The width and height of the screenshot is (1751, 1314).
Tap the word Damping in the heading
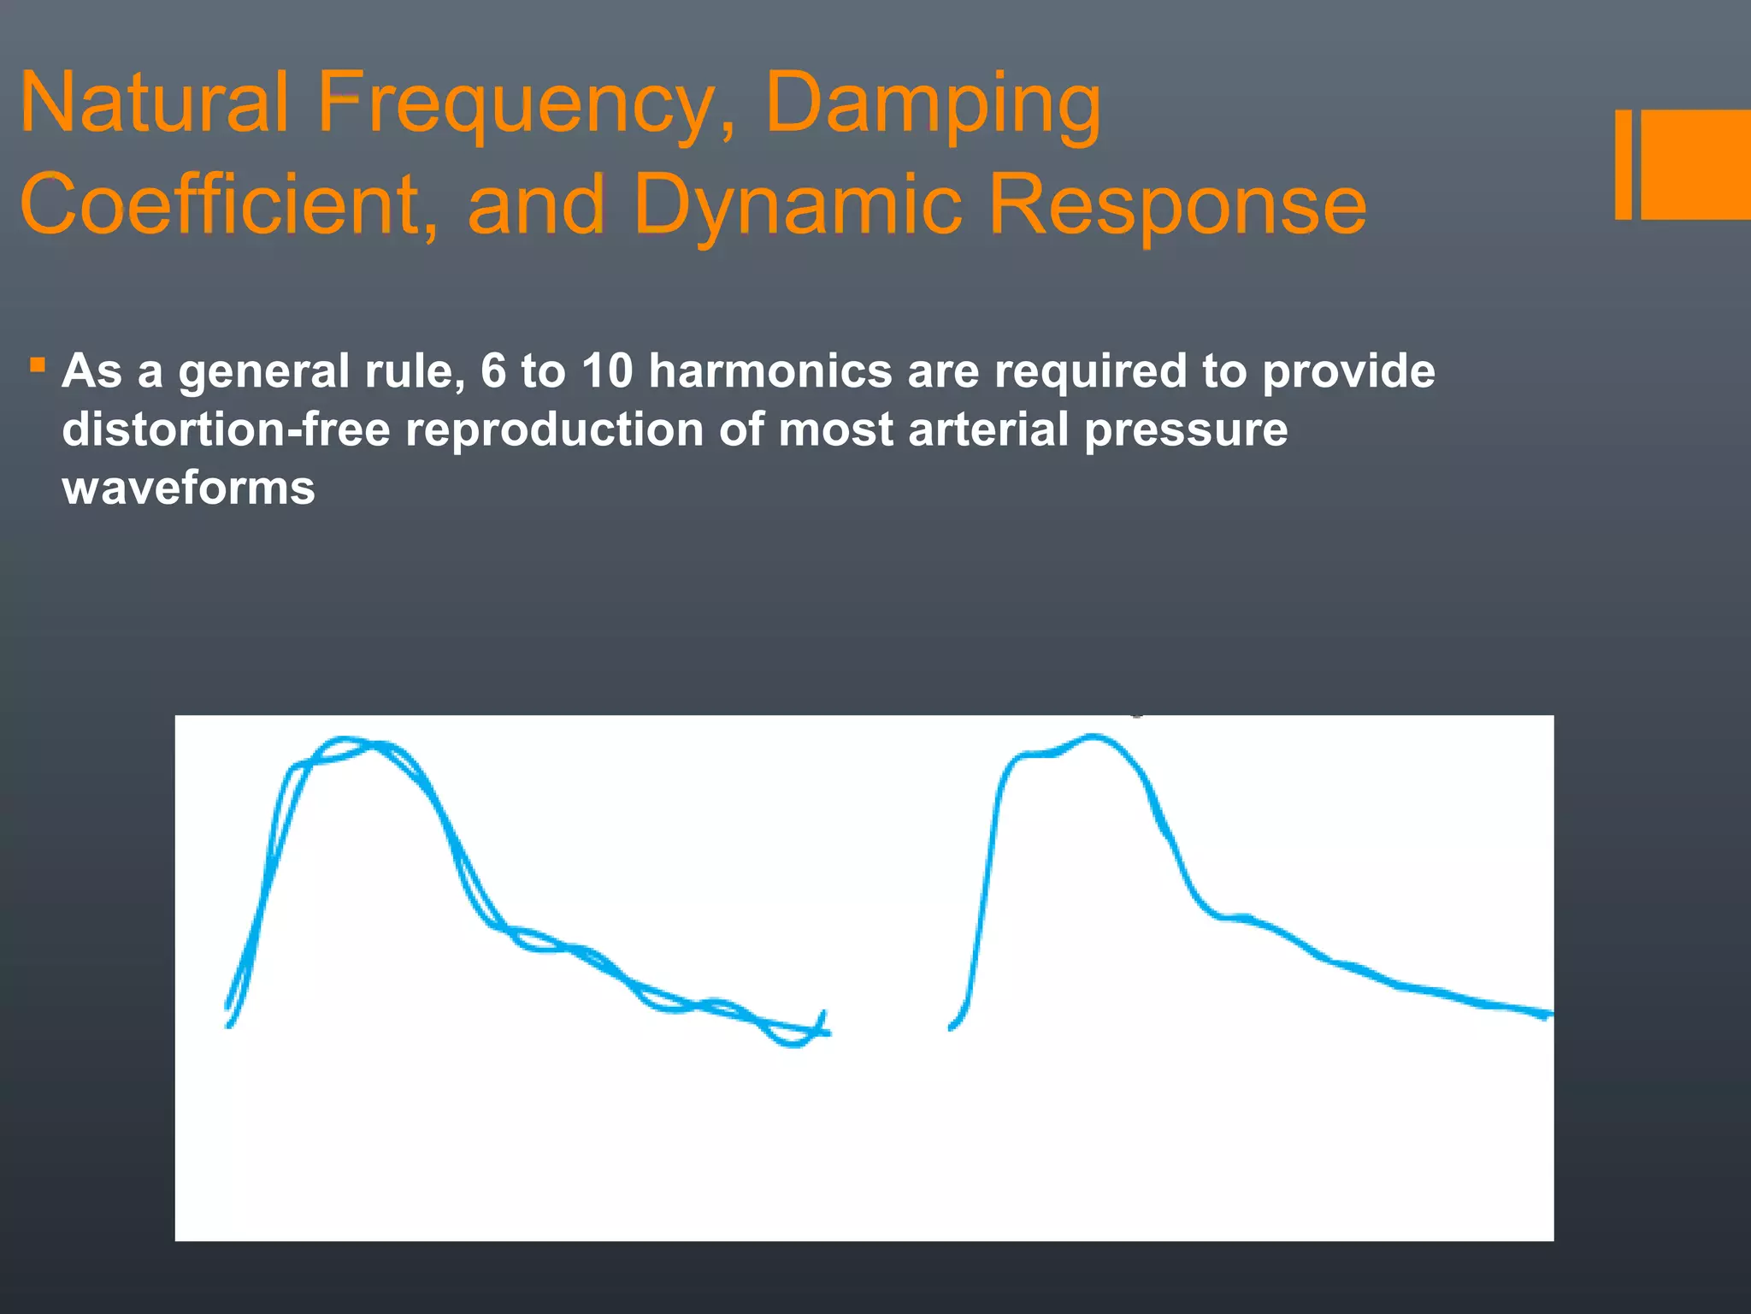click(932, 104)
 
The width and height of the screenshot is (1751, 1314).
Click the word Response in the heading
click(1177, 205)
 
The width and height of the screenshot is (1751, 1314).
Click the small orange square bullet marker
click(37, 366)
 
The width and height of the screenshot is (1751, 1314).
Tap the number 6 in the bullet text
click(493, 371)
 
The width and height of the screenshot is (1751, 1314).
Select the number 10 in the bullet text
click(607, 371)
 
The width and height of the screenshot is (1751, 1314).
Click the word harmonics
click(769, 371)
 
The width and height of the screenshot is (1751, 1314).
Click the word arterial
click(988, 429)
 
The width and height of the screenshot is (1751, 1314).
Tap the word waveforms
click(188, 488)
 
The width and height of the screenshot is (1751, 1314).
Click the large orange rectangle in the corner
click(1696, 164)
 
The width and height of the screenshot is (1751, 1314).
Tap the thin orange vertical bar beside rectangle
click(1623, 164)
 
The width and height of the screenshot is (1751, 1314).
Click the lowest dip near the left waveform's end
click(794, 1044)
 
